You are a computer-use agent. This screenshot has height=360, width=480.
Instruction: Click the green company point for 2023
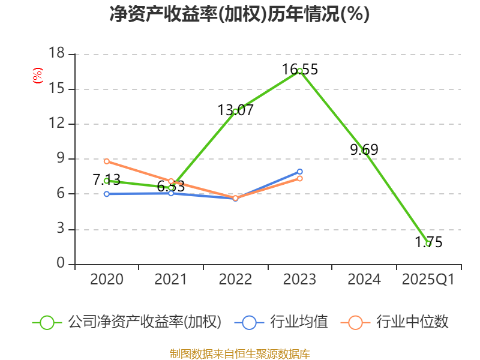pyautogui.click(x=300, y=71)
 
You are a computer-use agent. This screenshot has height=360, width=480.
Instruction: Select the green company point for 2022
pyautogui.click(x=235, y=111)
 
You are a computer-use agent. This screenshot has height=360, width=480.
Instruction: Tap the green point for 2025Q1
pyautogui.click(x=428, y=244)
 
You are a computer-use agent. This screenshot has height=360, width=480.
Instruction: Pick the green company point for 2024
pyautogui.click(x=364, y=151)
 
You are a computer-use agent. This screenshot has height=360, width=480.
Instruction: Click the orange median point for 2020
pyautogui.click(x=107, y=161)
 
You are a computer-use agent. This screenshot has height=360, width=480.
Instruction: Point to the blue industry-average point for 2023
pyautogui.click(x=300, y=172)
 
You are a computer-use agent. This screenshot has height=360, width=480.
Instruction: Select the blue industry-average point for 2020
pyautogui.click(x=107, y=194)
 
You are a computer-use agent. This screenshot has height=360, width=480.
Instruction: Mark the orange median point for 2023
pyautogui.click(x=300, y=178)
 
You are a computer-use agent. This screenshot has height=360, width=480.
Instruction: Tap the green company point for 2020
pyautogui.click(x=107, y=181)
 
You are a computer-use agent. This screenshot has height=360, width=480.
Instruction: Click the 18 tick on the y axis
pyautogui.click(x=56, y=54)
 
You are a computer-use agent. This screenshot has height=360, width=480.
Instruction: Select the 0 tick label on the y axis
pyautogui.click(x=60, y=264)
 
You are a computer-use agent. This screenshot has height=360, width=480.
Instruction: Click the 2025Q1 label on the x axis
pyautogui.click(x=428, y=280)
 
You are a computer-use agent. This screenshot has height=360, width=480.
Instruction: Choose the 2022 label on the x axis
pyautogui.click(x=235, y=280)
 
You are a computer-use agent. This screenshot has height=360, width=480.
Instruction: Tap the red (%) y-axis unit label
pyautogui.click(x=38, y=76)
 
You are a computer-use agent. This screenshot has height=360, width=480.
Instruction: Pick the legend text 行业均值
pyautogui.click(x=299, y=322)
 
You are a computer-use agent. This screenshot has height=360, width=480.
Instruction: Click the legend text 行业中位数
pyautogui.click(x=412, y=322)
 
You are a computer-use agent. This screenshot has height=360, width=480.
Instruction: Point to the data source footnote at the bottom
pyautogui.click(x=240, y=353)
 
